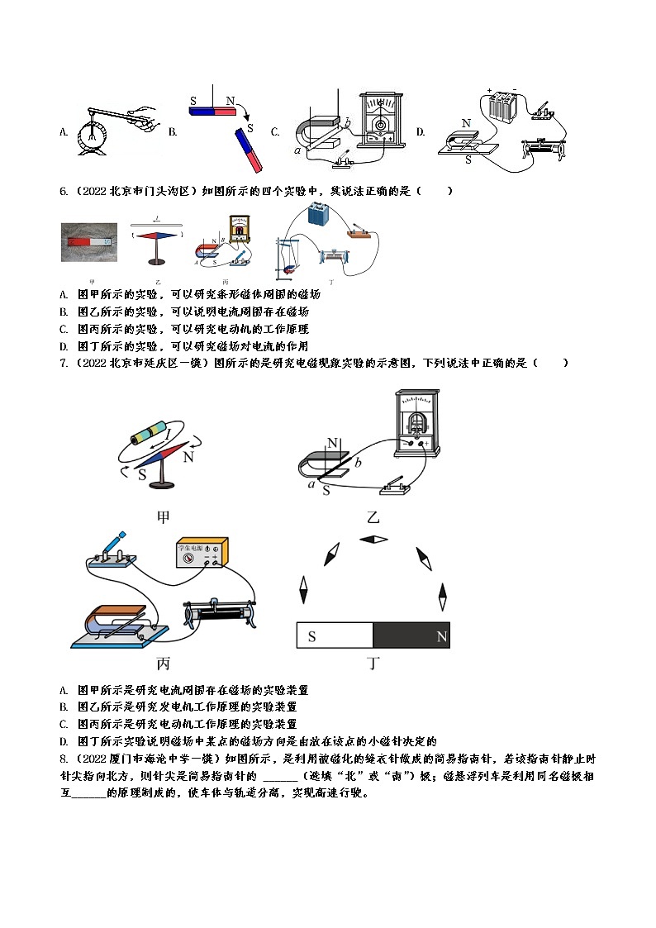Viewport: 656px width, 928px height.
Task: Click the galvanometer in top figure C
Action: pyautogui.click(x=382, y=120)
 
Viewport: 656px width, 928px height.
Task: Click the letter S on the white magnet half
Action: pyautogui.click(x=311, y=636)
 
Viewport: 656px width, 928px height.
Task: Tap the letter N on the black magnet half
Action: pyautogui.click(x=441, y=636)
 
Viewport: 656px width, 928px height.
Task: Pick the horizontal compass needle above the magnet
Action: pyautogui.click(x=373, y=540)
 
